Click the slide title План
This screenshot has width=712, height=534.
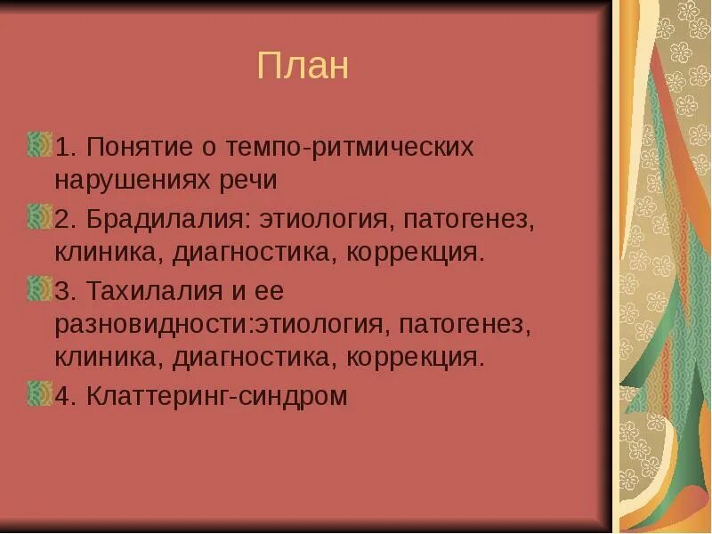303,66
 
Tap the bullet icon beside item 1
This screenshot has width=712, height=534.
39,144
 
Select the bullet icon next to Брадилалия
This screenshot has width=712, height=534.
39,216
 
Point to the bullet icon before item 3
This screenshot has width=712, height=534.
39,288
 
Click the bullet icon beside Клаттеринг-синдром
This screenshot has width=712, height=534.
39,393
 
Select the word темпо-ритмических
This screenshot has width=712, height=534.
351,147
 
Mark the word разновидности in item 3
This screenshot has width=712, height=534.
154,325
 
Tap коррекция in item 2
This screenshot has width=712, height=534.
417,253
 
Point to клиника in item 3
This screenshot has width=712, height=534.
107,359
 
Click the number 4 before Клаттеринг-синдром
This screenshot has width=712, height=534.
63,396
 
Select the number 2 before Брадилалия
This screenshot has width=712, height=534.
63,219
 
